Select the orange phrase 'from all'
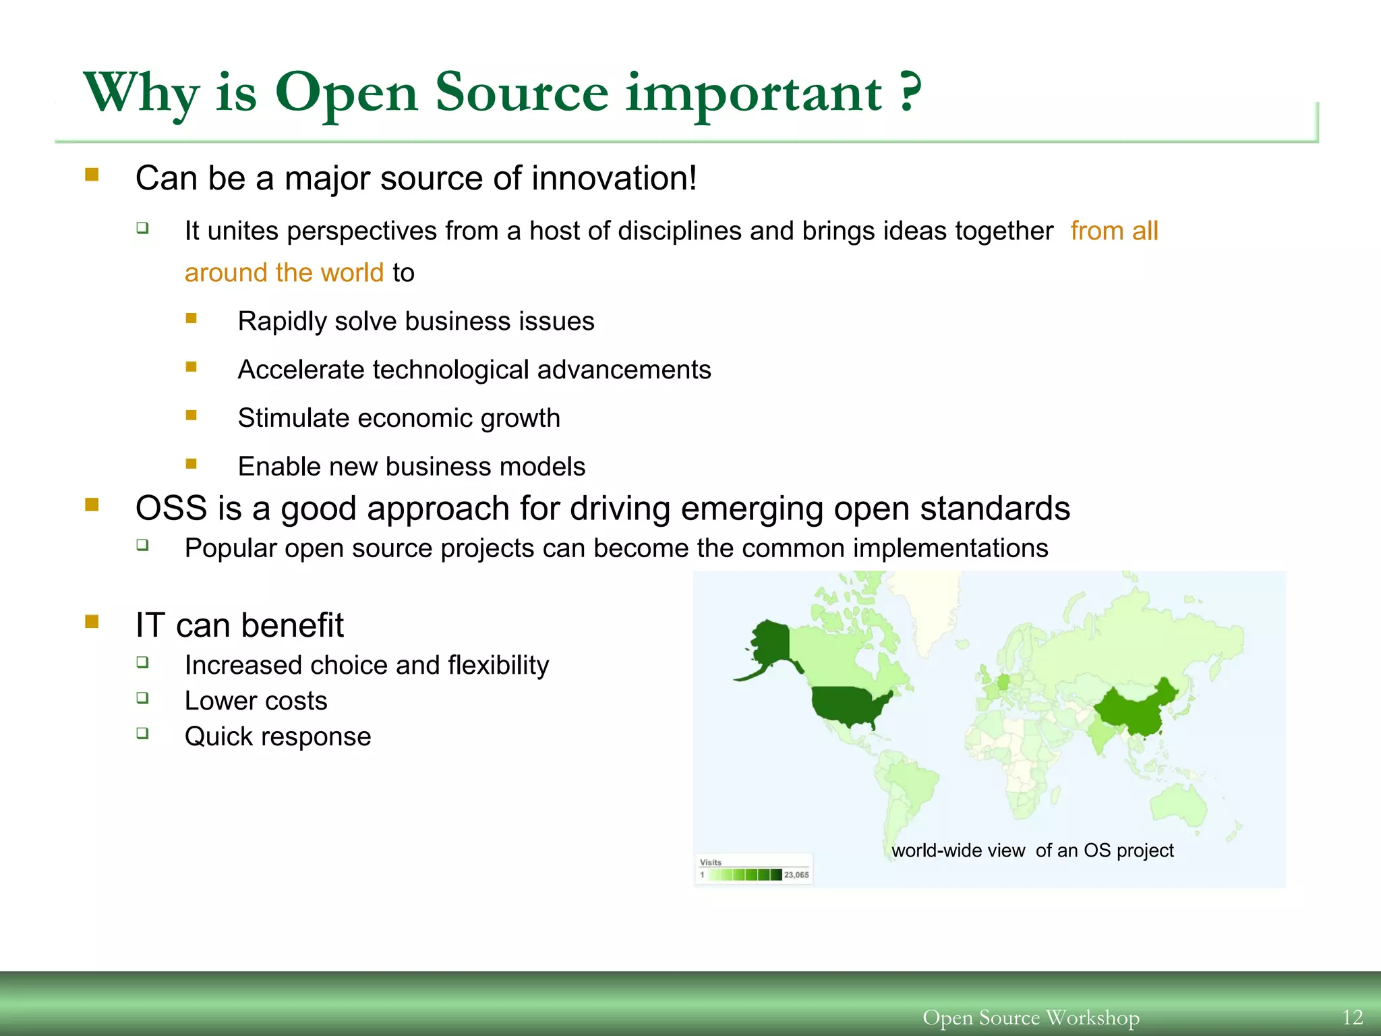tap(1113, 231)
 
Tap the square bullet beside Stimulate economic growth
tap(192, 415)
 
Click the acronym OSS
tap(171, 509)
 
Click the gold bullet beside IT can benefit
tap(92, 621)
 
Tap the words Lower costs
tap(256, 701)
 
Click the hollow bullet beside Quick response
tap(142, 732)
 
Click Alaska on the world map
tap(771, 644)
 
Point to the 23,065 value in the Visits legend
tap(796, 875)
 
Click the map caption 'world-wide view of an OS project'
tap(1032, 851)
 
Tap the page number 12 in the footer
tap(1353, 1017)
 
